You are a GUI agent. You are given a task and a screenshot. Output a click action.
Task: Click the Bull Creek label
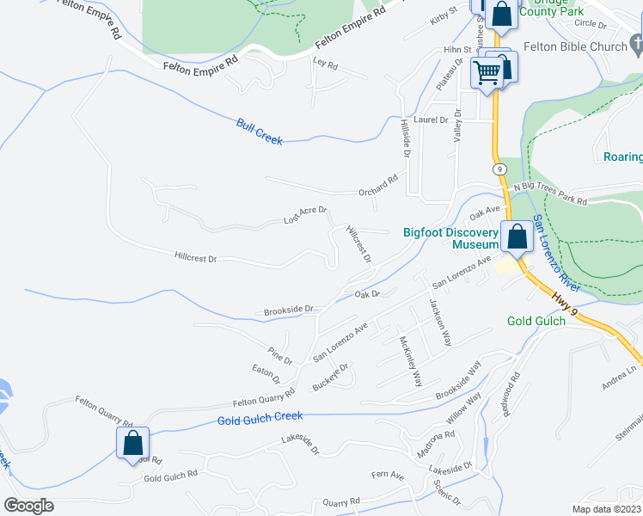pos(259,132)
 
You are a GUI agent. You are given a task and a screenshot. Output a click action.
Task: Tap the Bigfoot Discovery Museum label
pos(451,238)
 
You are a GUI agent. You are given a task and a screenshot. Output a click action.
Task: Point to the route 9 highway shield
pos(499,169)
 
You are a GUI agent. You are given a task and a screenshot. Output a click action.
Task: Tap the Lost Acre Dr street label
pos(306,215)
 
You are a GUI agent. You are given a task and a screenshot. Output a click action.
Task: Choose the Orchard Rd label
pos(378,185)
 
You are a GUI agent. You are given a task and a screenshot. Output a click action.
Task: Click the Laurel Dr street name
pos(432,120)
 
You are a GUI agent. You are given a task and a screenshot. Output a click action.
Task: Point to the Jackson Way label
pos(440,322)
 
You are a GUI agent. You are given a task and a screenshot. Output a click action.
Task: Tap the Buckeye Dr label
pos(330,377)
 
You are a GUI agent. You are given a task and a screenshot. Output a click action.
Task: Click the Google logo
pos(28,506)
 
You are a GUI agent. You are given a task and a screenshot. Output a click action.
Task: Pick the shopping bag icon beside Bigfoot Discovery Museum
pos(517,236)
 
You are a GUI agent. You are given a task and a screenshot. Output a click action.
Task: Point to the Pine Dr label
pos(281,354)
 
